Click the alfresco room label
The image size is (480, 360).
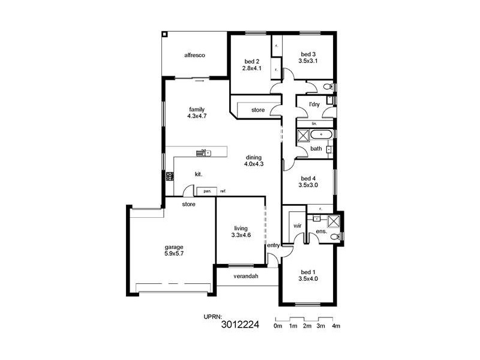click(195, 55)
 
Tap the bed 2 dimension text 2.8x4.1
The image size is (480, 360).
click(251, 68)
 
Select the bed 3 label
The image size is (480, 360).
click(308, 54)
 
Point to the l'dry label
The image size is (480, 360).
click(314, 104)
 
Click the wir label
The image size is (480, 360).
click(296, 226)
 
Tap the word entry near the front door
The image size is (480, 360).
click(274, 245)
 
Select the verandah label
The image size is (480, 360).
click(246, 276)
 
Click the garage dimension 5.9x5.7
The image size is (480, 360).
click(175, 254)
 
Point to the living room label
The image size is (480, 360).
click(241, 228)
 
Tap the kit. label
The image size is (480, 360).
click(199, 174)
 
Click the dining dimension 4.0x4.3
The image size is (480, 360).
click(254, 164)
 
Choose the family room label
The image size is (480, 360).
click(197, 109)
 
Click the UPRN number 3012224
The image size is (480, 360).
click(240, 326)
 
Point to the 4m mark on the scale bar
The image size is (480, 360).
click(336, 326)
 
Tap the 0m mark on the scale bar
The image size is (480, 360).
click(278, 326)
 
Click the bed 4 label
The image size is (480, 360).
click(308, 178)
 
